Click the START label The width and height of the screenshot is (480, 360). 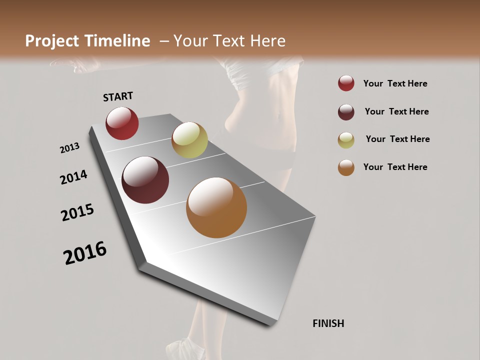pyautogui.click(x=118, y=96)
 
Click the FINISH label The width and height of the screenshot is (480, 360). pyautogui.click(x=328, y=323)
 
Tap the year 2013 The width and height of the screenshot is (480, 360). pyautogui.click(x=69, y=148)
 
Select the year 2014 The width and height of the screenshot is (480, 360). pyautogui.click(x=73, y=177)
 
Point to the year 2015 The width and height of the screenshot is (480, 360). pyautogui.click(x=77, y=212)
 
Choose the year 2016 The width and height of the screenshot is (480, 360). pyautogui.click(x=85, y=253)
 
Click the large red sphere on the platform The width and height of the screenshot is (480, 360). pyautogui.click(x=122, y=123)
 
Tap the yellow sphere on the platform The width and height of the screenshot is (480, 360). pyautogui.click(x=189, y=140)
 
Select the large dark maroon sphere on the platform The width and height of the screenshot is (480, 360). pyautogui.click(x=145, y=180)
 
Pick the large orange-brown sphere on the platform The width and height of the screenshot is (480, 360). pyautogui.click(x=216, y=207)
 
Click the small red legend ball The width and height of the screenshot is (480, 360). pyautogui.click(x=346, y=83)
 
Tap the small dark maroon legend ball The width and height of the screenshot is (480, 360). pyautogui.click(x=346, y=111)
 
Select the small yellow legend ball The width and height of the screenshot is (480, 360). pyautogui.click(x=346, y=139)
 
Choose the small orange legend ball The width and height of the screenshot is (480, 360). pyautogui.click(x=346, y=167)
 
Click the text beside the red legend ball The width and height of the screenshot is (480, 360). pyautogui.click(x=395, y=84)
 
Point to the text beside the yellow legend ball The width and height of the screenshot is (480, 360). pyautogui.click(x=397, y=139)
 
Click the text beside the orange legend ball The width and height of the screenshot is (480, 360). pyautogui.click(x=395, y=167)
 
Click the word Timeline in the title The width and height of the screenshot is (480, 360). pyautogui.click(x=118, y=41)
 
